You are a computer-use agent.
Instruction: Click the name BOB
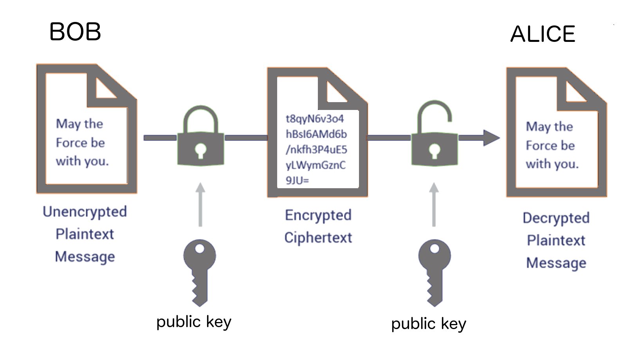[x=75, y=32]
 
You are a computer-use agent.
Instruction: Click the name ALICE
[x=543, y=34]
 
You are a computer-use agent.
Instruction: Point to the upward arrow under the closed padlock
[x=200, y=203]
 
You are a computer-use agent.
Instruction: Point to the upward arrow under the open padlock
[x=434, y=203]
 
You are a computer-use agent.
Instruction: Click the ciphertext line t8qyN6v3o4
[x=315, y=119]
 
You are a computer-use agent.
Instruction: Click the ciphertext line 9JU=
[x=297, y=180]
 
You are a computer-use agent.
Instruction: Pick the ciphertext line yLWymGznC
[x=316, y=165]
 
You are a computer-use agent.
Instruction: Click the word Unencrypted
[x=85, y=212]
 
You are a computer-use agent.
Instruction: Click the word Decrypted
[x=556, y=218]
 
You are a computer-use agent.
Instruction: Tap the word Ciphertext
[x=318, y=238]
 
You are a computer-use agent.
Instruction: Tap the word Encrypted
[x=318, y=215]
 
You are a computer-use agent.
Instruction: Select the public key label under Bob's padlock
[x=194, y=322]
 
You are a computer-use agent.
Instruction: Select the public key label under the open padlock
[x=429, y=324]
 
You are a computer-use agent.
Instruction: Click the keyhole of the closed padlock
[x=201, y=150]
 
